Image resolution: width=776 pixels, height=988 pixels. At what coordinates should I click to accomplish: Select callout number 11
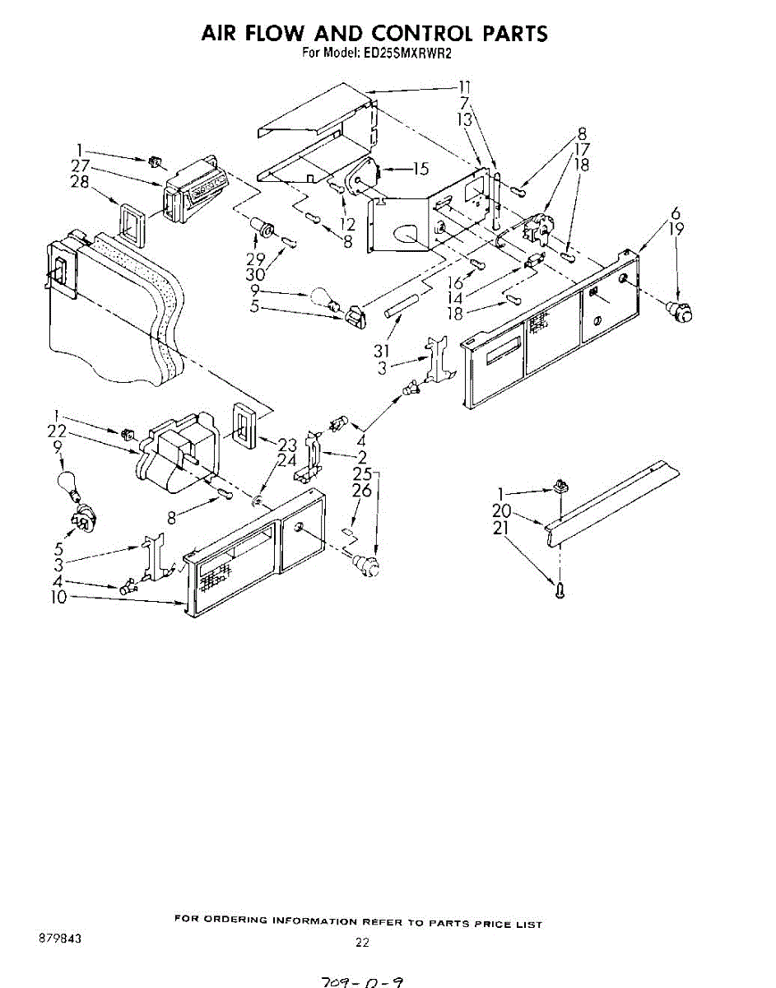pyautogui.click(x=465, y=86)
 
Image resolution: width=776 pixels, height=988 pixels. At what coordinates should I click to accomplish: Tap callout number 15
pyautogui.click(x=420, y=170)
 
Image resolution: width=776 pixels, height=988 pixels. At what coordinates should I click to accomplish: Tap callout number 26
pyautogui.click(x=362, y=491)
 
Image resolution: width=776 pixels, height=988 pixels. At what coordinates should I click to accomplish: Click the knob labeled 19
pyautogui.click(x=680, y=311)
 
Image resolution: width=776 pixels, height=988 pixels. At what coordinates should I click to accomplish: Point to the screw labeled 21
pyautogui.click(x=560, y=588)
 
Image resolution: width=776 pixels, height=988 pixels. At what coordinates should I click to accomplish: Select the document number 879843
pyautogui.click(x=59, y=939)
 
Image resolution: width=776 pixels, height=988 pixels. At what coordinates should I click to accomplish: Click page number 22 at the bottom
pyautogui.click(x=362, y=943)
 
